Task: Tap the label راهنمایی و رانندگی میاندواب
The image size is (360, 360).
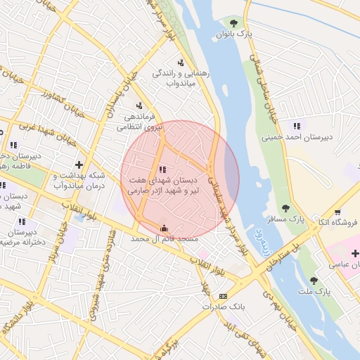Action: click(x=179, y=78)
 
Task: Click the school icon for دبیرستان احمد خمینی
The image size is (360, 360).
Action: click(x=297, y=126)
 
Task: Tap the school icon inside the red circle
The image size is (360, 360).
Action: click(x=163, y=169)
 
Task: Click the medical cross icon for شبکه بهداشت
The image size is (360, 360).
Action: click(x=89, y=165)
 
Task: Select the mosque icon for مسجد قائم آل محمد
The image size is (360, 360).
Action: click(x=165, y=228)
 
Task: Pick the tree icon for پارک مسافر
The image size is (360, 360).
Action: click(x=285, y=207)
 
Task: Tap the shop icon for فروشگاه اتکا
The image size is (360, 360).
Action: click(x=338, y=212)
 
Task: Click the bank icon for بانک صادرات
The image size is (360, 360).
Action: click(x=223, y=296)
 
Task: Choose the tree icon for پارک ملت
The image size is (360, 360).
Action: click(x=314, y=280)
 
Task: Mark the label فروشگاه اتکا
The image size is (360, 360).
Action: click(x=338, y=223)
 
